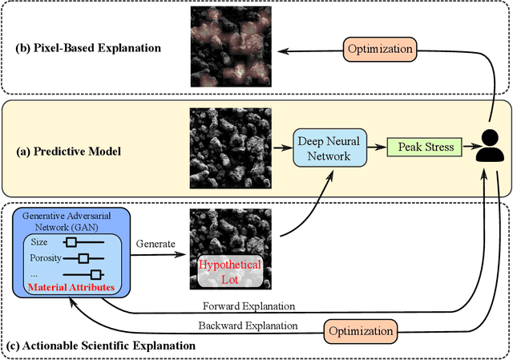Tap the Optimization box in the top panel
(x=379, y=49)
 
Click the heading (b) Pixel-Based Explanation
(x=87, y=48)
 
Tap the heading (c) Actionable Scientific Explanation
(x=99, y=346)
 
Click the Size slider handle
(x=71, y=242)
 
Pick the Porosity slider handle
(x=83, y=258)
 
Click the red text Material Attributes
(x=71, y=286)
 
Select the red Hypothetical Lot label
(x=231, y=273)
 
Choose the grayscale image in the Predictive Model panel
(x=231, y=148)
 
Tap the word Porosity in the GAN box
(x=45, y=258)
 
